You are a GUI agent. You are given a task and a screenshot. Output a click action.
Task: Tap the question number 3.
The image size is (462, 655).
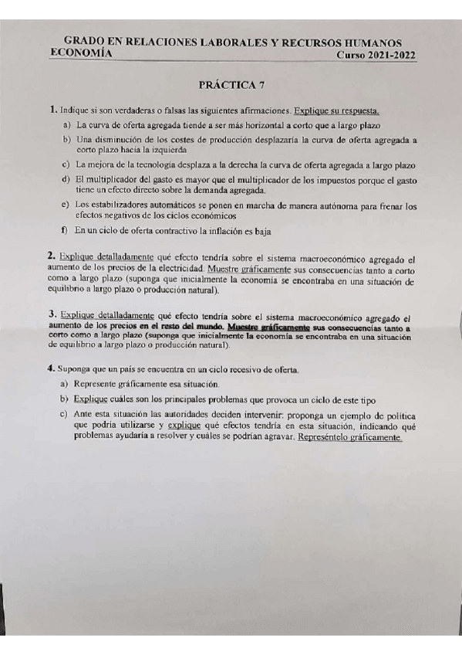coord(51,314)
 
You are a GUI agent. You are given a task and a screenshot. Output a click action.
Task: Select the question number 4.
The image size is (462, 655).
coord(51,368)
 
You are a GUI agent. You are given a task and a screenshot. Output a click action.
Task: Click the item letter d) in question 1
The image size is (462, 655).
coord(66,179)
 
